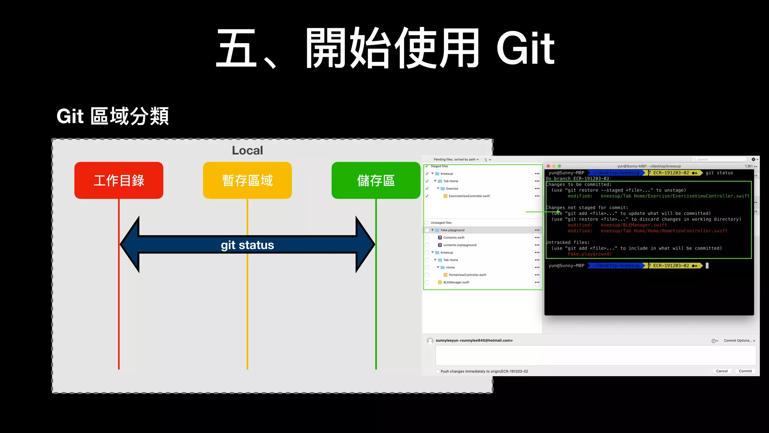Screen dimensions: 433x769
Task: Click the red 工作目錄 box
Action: (x=119, y=180)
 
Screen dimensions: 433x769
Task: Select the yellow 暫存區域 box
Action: (x=247, y=180)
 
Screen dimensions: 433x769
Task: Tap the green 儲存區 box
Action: (x=375, y=180)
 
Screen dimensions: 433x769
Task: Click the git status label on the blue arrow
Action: (x=247, y=245)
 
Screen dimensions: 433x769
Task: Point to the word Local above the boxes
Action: (x=247, y=150)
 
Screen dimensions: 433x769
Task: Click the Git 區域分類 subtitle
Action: (x=113, y=116)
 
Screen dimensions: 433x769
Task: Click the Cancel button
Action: (x=722, y=371)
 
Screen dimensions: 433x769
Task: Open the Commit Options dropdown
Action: (x=739, y=341)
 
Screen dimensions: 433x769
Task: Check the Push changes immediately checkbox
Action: (x=437, y=371)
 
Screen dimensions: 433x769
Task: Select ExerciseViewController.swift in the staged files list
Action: (x=469, y=196)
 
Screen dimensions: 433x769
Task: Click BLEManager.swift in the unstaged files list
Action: (x=456, y=282)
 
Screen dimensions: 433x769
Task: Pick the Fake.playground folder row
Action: (x=452, y=230)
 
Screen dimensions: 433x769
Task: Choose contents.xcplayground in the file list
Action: (x=460, y=245)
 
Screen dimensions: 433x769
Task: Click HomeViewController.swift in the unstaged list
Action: (x=467, y=275)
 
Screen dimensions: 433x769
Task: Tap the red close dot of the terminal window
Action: (x=548, y=166)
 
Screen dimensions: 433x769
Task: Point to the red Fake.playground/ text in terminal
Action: (x=590, y=254)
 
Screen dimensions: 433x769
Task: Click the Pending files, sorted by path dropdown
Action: (x=456, y=159)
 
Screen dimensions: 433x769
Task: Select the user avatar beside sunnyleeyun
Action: (x=430, y=341)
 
